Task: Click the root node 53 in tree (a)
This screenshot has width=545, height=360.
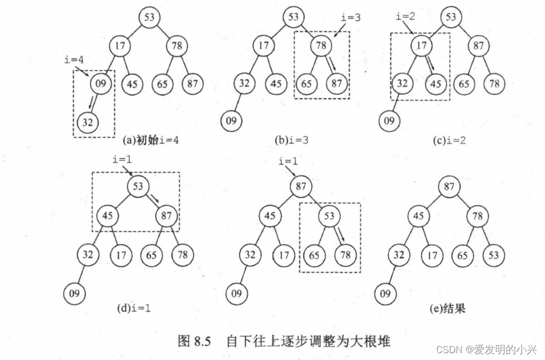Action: coord(150,17)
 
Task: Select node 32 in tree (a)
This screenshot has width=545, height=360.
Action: coord(87,122)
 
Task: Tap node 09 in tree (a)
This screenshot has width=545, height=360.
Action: coord(102,83)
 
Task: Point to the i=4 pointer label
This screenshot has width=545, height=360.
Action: coord(73,59)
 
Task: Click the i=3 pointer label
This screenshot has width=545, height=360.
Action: coord(350,17)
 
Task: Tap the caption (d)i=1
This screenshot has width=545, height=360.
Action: coord(134,308)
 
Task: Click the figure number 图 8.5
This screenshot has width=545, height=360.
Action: coord(194,341)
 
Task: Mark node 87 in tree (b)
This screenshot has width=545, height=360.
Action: coord(337,83)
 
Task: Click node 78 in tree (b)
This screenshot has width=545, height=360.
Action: coord(321,46)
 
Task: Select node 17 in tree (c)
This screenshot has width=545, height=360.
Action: coord(421,46)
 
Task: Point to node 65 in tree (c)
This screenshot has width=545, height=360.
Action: coord(464,83)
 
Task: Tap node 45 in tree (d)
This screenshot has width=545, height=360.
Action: coord(108,216)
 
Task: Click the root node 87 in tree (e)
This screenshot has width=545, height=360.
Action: coord(449,187)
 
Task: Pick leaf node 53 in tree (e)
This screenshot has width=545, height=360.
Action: coord(493,255)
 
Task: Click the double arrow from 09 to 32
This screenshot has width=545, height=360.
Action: coord(93,102)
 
